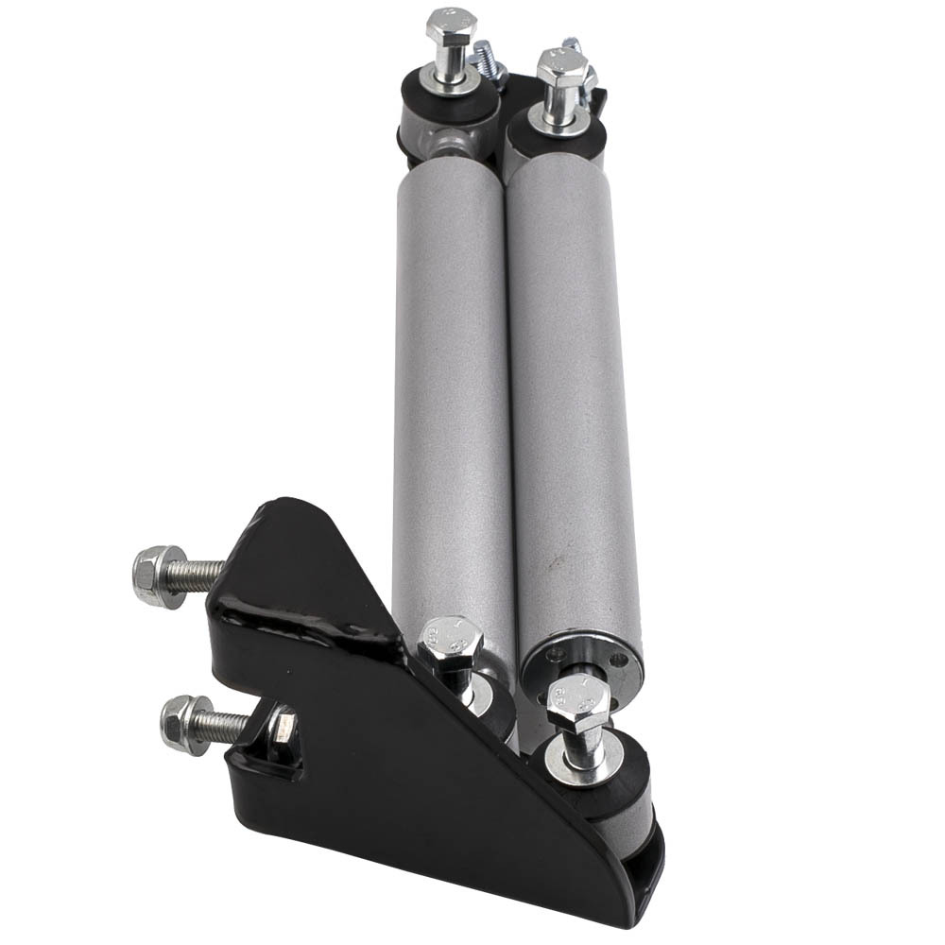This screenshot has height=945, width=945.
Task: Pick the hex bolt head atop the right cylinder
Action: (562, 67)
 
